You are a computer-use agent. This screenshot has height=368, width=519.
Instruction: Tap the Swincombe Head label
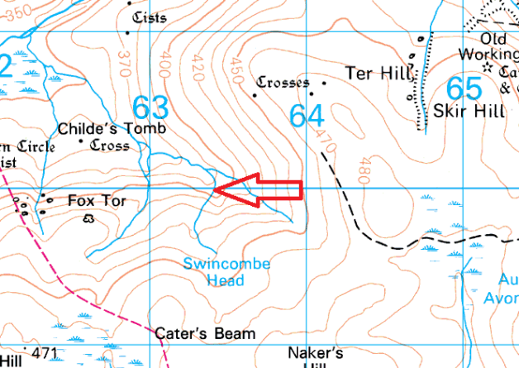tap(226, 272)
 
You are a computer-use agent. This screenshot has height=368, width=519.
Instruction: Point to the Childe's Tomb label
tap(112, 129)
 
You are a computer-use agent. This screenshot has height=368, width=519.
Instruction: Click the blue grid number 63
tap(150, 108)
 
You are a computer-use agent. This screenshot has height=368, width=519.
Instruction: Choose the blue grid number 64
tap(307, 116)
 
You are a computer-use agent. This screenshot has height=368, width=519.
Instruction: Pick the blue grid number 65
tap(463, 88)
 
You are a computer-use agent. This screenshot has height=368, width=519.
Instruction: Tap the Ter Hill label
tap(378, 73)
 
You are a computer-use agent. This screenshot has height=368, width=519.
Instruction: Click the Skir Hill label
tap(467, 110)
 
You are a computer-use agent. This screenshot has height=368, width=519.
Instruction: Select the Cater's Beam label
tap(205, 334)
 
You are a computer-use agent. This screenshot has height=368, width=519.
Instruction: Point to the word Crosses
tap(283, 83)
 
